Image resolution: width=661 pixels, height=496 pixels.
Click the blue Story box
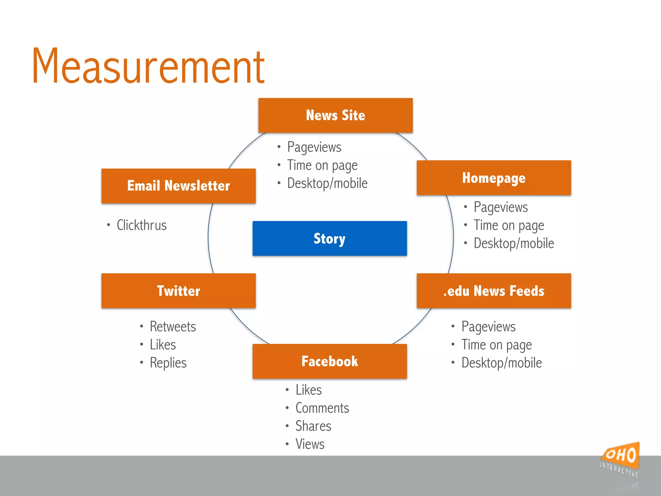[x=330, y=238]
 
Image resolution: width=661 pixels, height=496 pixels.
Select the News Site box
[x=335, y=115]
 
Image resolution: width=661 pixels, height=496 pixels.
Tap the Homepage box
[x=493, y=178]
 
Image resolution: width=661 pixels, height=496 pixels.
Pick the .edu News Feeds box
[x=493, y=291]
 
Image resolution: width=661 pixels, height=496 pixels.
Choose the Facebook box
[x=330, y=361]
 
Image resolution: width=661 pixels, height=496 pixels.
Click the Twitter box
[x=178, y=291]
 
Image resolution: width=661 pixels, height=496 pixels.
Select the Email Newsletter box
[x=178, y=186]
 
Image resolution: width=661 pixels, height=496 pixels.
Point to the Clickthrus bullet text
[x=142, y=225]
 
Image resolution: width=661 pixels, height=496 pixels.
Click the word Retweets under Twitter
[x=173, y=326]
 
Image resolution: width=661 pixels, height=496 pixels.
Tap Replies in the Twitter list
[x=168, y=363]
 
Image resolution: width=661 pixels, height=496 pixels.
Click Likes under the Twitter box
[x=163, y=345]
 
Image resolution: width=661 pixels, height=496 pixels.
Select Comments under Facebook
[x=322, y=408]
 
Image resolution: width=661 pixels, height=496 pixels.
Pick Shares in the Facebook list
[x=313, y=426]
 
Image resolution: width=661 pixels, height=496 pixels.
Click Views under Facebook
[x=310, y=444]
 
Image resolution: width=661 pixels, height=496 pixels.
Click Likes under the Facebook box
[x=309, y=390]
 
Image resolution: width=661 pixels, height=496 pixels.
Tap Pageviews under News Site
[x=314, y=147]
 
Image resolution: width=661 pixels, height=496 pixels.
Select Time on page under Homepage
[x=509, y=225]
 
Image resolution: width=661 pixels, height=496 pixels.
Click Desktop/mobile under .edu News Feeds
[x=502, y=363]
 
